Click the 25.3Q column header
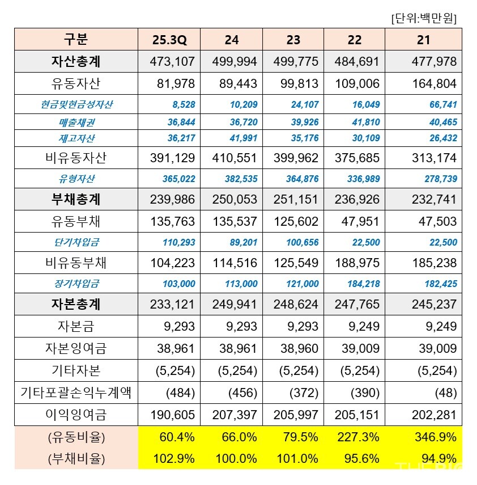point(169,40)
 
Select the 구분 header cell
point(76,40)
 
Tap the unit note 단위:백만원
point(424,18)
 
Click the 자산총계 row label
point(76,61)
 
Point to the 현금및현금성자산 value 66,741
point(442,105)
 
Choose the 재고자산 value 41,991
point(242,138)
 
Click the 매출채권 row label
point(76,122)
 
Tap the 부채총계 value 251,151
point(293,200)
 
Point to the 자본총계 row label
point(76,304)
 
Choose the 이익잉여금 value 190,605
point(173,415)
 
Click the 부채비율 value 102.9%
point(174,459)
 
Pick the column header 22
point(355,40)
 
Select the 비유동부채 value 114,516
point(235,263)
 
